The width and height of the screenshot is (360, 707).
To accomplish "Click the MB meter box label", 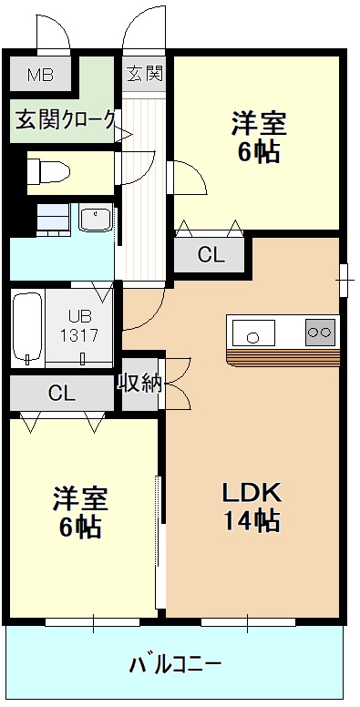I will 40,75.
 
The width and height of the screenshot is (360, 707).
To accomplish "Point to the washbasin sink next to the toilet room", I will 95,220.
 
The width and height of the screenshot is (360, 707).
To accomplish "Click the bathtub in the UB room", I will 27,328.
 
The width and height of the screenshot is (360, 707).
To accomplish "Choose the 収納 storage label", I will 140,383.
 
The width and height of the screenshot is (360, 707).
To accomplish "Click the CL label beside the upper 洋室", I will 211,256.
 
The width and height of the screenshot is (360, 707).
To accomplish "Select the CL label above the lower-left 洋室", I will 61,393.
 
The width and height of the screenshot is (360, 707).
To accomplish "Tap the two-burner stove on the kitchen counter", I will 320,332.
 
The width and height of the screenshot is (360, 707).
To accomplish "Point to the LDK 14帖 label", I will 252,506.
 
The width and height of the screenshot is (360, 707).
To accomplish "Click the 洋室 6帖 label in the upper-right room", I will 259,137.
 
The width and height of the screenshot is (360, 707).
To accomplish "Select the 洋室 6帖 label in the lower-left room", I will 80,512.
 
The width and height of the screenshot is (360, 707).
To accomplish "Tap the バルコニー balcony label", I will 175,663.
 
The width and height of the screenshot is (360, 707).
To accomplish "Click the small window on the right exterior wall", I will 345,278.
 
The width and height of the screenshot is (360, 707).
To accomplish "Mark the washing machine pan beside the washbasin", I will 54,220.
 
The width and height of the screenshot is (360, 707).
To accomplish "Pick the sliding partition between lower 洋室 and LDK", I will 159,538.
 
